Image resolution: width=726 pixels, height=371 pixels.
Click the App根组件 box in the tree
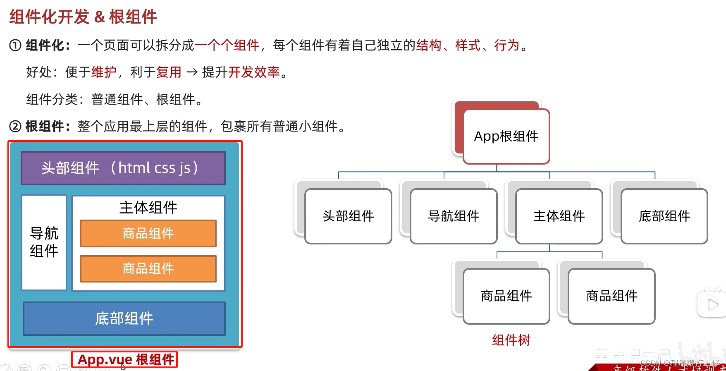pyautogui.click(x=506, y=136)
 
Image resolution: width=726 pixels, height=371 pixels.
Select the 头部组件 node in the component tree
pyautogui.click(x=348, y=216)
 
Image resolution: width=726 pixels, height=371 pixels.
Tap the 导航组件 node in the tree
pyautogui.click(x=454, y=216)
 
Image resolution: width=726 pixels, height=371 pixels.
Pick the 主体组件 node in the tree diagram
pyautogui.click(x=559, y=216)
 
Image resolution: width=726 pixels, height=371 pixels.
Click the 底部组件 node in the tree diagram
pyautogui.click(x=664, y=216)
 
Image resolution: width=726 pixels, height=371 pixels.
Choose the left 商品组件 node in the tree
pyautogui.click(x=506, y=296)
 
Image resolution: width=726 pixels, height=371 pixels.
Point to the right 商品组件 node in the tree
pyautogui.click(x=611, y=296)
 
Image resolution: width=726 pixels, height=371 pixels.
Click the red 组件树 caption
pyautogui.click(x=511, y=340)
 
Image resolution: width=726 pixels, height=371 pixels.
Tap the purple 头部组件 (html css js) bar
pyautogui.click(x=123, y=168)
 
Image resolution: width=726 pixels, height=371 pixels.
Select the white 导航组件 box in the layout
pyautogui.click(x=44, y=242)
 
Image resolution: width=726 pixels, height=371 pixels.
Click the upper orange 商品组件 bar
pyautogui.click(x=148, y=234)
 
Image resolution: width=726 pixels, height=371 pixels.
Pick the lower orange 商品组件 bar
pyautogui.click(x=148, y=269)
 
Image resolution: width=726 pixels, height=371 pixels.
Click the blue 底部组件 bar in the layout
pyautogui.click(x=124, y=318)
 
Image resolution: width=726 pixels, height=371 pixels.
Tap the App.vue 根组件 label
pyautogui.click(x=125, y=359)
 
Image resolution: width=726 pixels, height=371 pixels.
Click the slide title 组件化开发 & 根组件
pyautogui.click(x=83, y=17)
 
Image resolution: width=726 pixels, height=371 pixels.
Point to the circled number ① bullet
pyautogui.click(x=15, y=45)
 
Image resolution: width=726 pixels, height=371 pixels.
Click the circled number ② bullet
pyautogui.click(x=15, y=126)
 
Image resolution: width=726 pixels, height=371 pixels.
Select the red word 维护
pyautogui.click(x=104, y=72)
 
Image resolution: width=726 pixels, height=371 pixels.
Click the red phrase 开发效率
pyautogui.click(x=254, y=72)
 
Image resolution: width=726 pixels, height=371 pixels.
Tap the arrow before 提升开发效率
pyautogui.click(x=192, y=72)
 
